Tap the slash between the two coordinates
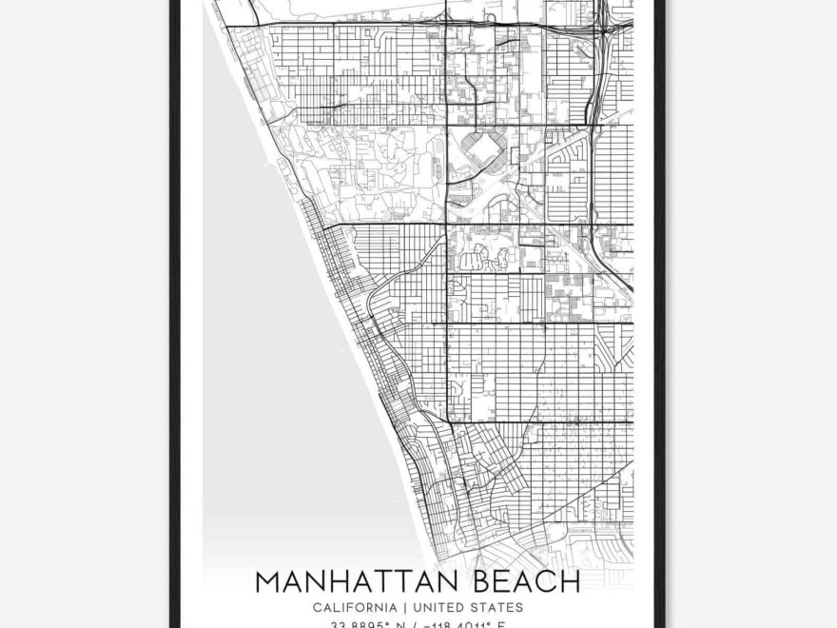pos(416,624)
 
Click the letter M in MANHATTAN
pos(269,581)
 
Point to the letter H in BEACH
pos(569,581)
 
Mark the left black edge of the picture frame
pos(175,314)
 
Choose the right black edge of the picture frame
pos(660,314)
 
